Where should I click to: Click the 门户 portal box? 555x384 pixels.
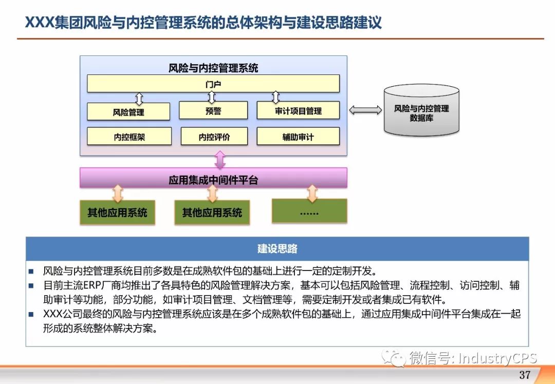[x=213, y=84]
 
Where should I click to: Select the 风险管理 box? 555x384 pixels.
[x=128, y=111]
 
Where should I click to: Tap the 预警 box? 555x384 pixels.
[x=213, y=110]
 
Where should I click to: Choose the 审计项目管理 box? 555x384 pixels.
[x=298, y=110]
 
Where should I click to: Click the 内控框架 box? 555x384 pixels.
[x=129, y=137]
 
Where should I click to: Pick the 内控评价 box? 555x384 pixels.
[x=214, y=137]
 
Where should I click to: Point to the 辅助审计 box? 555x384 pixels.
[x=298, y=137]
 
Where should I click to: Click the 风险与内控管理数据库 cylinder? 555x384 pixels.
[x=421, y=110]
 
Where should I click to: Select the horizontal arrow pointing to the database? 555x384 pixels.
[x=365, y=110]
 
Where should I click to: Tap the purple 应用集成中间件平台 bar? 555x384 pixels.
[x=213, y=179]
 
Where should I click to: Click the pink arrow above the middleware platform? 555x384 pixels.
[x=220, y=160]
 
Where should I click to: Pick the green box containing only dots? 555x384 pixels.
[x=309, y=210]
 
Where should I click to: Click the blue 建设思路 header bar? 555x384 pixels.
[x=277, y=248]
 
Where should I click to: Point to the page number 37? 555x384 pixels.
[x=525, y=374]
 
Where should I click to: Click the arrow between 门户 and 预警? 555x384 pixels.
[x=212, y=97]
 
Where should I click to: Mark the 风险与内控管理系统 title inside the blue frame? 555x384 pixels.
[x=213, y=67]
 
